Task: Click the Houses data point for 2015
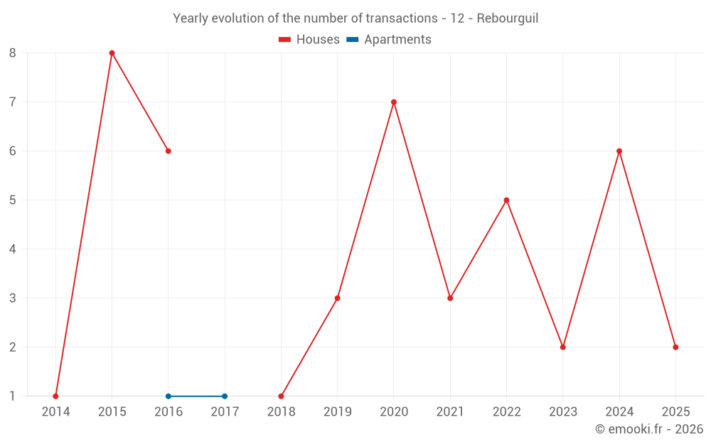point(112,53)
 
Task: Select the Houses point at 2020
point(394,102)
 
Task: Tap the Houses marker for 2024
point(619,151)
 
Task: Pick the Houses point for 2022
point(506,200)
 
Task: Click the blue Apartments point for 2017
point(225,396)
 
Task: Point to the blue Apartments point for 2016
point(169,396)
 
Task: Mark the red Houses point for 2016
point(169,151)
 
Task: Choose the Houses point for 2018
point(281,396)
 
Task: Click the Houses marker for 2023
point(563,347)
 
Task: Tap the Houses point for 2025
point(675,347)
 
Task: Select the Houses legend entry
point(309,40)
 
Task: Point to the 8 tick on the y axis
point(13,53)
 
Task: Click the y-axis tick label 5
point(13,200)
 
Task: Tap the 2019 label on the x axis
point(338,411)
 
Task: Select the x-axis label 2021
point(450,411)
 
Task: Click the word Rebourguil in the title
point(507,18)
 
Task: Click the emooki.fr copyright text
point(648,429)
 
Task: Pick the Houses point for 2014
point(55,396)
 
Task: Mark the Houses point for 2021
point(450,298)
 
